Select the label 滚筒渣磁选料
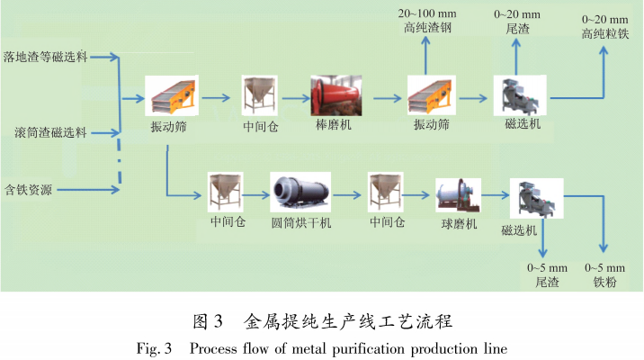(44, 132)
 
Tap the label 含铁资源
(29, 189)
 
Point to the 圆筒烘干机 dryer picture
(297, 191)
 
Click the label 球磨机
(457, 223)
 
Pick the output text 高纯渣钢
(426, 28)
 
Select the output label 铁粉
(604, 282)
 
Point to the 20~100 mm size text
(426, 13)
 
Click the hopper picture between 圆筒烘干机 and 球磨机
(387, 191)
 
